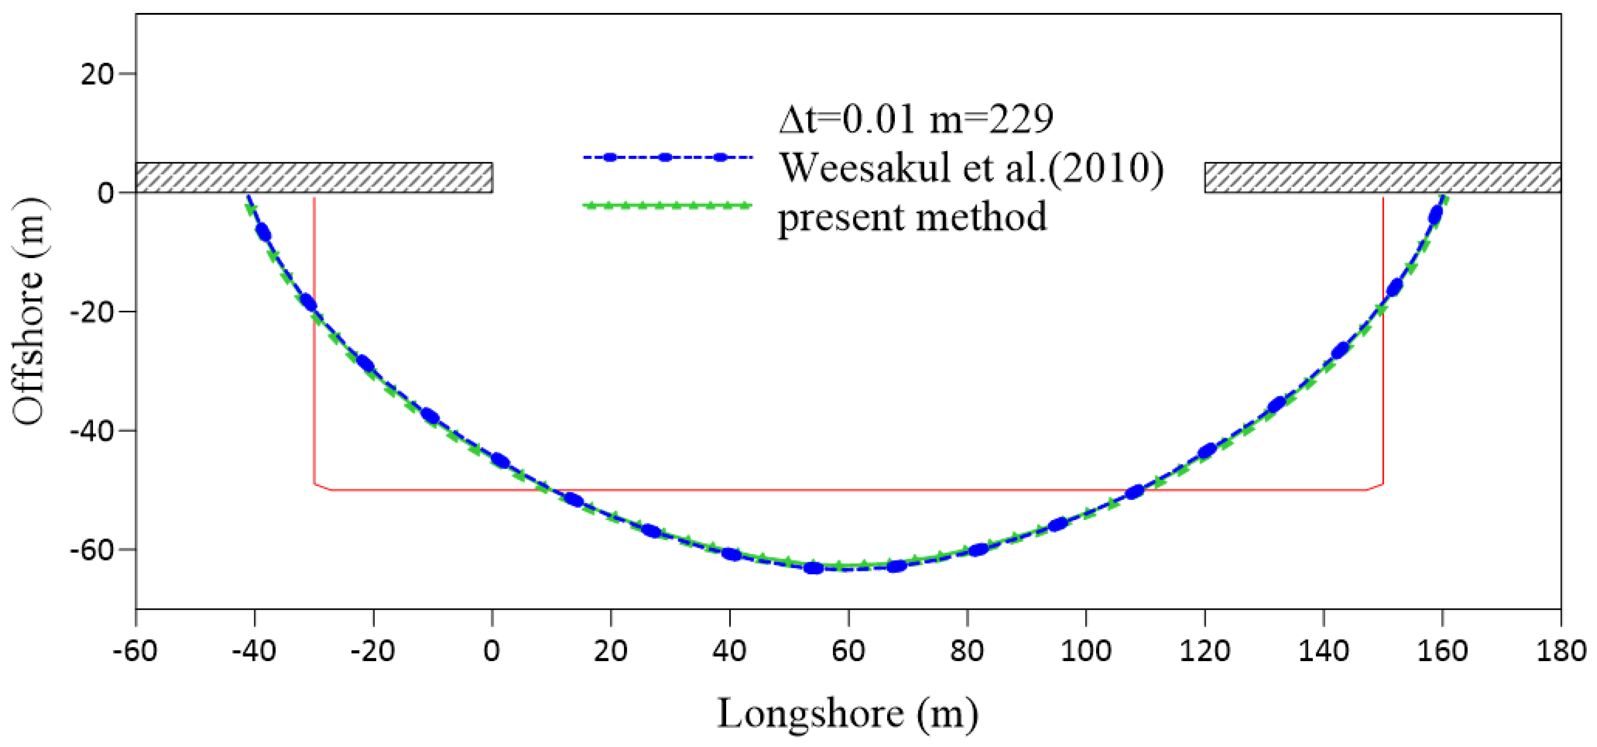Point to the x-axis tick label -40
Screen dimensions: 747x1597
254,651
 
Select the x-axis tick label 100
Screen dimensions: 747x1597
1086,651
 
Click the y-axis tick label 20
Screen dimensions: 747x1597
97,74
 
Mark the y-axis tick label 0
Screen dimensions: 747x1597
105,193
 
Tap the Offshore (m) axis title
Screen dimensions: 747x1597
30,311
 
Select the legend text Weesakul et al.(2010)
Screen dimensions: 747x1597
971,167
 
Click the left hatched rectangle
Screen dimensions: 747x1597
313,178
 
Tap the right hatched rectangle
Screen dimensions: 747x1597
1382,178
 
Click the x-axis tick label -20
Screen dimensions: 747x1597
372,651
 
